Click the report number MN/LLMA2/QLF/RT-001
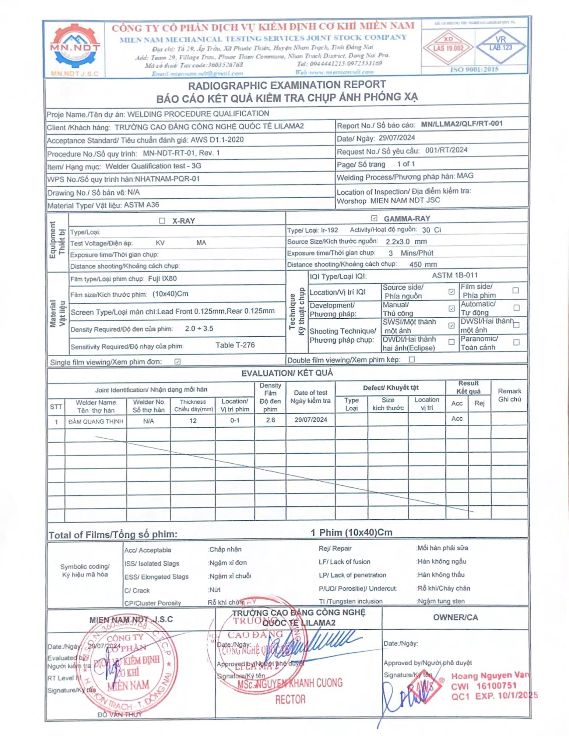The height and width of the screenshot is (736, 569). coord(461,124)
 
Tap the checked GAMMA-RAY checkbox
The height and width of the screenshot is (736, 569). coord(374,218)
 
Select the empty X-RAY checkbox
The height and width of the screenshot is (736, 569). coord(162,220)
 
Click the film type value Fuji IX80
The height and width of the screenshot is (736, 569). coord(162,279)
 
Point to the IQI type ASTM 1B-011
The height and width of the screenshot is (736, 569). coord(454,275)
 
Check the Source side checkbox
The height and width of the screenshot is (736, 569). coord(452,291)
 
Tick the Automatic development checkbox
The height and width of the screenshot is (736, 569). coord(516,308)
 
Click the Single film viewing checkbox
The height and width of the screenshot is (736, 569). coord(178,361)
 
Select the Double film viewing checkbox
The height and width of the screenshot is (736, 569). coord(412,359)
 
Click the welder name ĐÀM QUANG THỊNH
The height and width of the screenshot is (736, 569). coord(96,421)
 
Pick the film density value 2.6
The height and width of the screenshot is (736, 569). coord(270,420)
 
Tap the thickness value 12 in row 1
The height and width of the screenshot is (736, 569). coord(193,421)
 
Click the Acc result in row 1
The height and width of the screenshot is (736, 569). coord(457,418)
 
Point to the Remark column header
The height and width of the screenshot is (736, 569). coord(509,395)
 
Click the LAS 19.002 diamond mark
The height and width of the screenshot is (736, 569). coord(448,47)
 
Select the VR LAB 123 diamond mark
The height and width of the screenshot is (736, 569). coord(500,46)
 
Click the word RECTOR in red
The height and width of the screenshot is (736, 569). coord(290,699)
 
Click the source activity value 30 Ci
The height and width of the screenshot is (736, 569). coord(431,230)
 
